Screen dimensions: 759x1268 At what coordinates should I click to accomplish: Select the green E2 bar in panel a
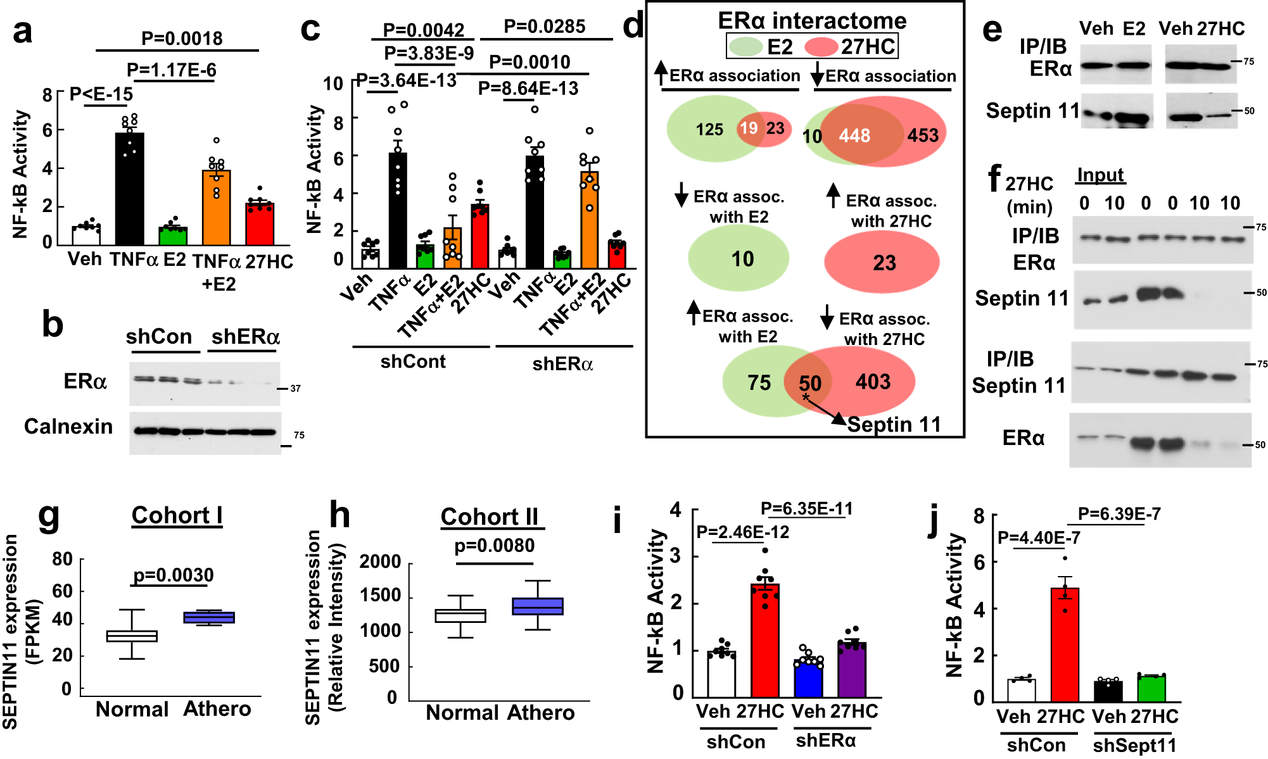173,235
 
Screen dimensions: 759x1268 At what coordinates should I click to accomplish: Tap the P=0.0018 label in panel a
182,38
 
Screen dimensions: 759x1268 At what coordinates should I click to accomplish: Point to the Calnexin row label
68,427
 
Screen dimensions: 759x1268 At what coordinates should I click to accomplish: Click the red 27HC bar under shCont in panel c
479,235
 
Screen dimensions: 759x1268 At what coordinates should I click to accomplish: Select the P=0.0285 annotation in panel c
544,27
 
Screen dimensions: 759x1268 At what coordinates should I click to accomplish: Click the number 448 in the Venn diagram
854,135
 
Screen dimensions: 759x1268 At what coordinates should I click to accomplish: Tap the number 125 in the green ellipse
709,130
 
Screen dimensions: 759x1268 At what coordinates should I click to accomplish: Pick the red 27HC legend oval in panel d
821,47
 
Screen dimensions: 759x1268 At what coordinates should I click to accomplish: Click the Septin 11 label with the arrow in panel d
894,425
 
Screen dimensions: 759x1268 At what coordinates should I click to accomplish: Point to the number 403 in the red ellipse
873,382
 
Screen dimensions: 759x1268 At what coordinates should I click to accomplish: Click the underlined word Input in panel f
1100,175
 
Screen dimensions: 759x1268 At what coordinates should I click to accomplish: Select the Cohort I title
177,515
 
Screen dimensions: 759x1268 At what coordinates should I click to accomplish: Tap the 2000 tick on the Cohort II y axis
380,561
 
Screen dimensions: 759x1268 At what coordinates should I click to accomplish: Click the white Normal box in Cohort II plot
460,616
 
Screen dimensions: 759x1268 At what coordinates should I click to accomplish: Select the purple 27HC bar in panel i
852,670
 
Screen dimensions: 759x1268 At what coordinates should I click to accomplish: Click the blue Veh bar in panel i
809,678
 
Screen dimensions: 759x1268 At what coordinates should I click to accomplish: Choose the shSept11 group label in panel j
1134,745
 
